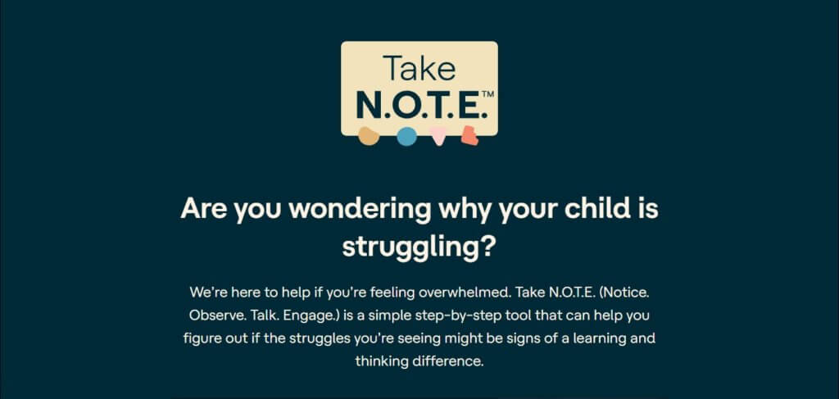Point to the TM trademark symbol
(x=487, y=95)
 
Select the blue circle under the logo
(x=406, y=137)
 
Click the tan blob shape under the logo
(x=370, y=136)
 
